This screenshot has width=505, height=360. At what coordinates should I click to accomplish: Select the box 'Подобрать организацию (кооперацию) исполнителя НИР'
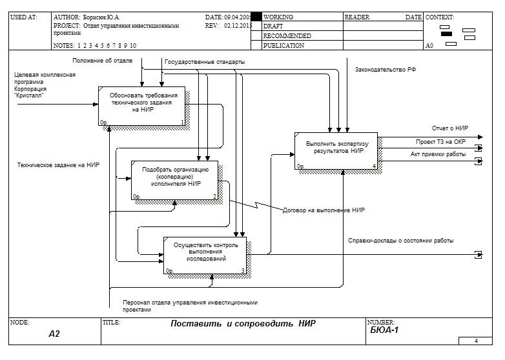click(x=176, y=179)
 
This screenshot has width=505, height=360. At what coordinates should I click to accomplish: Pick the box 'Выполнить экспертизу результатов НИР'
click(x=336, y=150)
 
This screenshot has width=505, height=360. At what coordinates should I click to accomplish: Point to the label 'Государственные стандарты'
click(x=205, y=62)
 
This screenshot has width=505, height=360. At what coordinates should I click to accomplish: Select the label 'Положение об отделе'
click(x=102, y=60)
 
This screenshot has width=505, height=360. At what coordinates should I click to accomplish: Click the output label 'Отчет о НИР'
click(x=450, y=128)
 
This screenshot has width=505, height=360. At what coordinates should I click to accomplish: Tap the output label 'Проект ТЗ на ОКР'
click(x=441, y=141)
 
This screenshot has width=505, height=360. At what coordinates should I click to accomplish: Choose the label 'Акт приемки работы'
click(x=438, y=154)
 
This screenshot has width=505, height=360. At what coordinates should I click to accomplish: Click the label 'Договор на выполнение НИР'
click(x=324, y=210)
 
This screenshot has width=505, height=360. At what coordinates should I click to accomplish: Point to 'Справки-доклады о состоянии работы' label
click(x=400, y=241)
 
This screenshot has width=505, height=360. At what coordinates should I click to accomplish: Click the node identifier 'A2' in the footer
click(x=54, y=334)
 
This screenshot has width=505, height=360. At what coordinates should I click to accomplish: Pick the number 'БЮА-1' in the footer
click(x=384, y=330)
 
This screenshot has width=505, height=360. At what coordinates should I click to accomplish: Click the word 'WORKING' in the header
click(x=278, y=17)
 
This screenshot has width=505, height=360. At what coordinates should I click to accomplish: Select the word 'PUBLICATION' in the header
click(x=284, y=46)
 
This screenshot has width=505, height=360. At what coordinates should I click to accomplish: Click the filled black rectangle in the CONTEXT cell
click(x=446, y=34)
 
